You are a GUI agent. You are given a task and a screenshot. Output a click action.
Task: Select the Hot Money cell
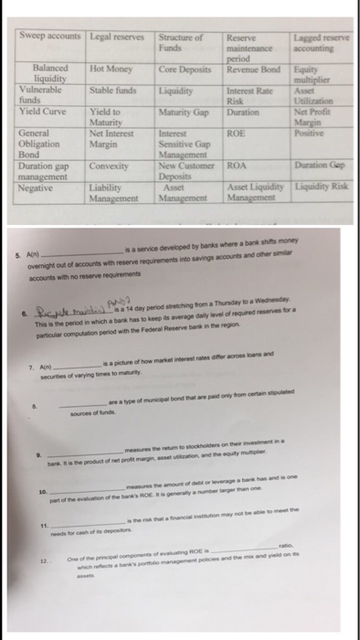(109, 69)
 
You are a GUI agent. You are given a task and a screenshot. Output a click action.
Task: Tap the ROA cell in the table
(236, 167)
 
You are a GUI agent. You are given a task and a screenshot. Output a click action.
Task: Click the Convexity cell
(109, 167)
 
